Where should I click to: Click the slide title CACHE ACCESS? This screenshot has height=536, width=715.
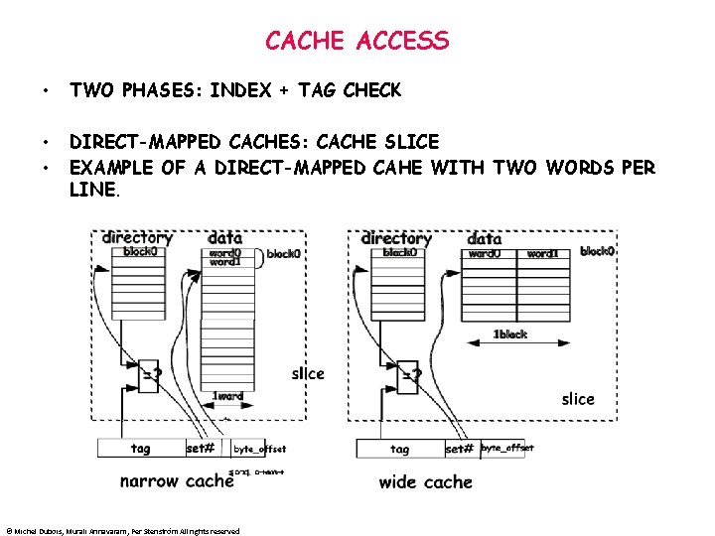click(x=357, y=41)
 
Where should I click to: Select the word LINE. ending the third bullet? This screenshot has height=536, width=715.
click(x=95, y=190)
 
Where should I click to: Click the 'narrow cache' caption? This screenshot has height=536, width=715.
click(x=178, y=481)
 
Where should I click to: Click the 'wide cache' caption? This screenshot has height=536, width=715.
click(x=425, y=482)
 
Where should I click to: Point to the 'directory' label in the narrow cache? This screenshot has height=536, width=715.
click(x=138, y=238)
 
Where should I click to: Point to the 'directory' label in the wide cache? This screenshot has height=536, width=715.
click(x=396, y=238)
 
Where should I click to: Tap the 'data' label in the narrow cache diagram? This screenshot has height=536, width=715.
click(x=224, y=238)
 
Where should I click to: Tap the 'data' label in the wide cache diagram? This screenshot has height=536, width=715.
click(x=484, y=238)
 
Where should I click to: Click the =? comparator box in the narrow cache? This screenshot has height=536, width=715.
click(x=150, y=374)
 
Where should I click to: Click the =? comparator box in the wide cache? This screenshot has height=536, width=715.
click(x=410, y=374)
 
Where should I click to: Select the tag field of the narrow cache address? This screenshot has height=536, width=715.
click(x=141, y=449)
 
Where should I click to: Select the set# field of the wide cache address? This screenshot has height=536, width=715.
click(x=460, y=449)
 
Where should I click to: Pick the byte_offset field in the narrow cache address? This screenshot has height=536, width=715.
click(x=259, y=449)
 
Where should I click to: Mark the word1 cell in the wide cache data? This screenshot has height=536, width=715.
click(x=542, y=254)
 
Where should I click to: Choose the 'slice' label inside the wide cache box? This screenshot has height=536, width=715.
click(x=578, y=399)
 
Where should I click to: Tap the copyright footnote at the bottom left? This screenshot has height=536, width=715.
click(x=122, y=531)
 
